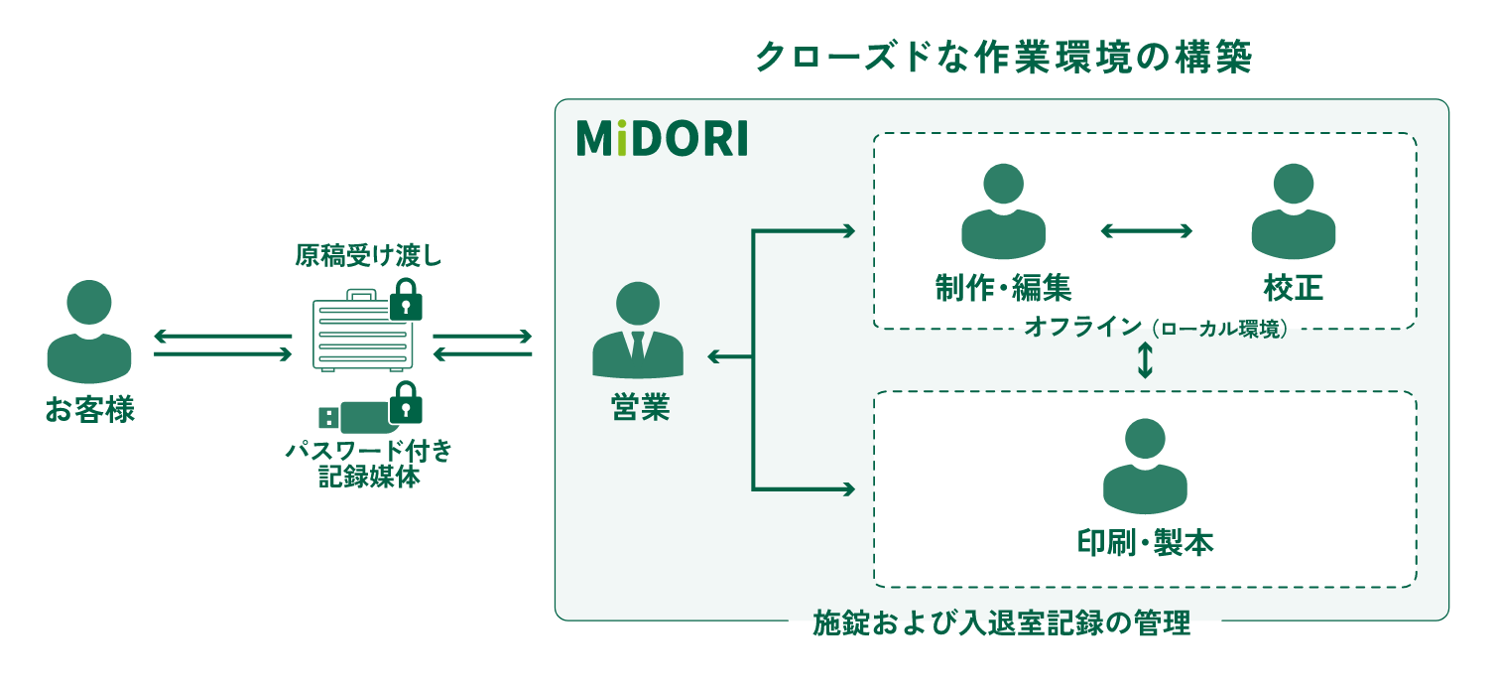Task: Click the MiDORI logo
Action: click(662, 140)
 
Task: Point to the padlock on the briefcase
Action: click(405, 300)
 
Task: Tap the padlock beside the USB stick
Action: click(405, 403)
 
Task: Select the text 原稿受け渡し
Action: click(367, 257)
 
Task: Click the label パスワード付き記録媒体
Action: click(368, 464)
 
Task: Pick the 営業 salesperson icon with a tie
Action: click(638, 332)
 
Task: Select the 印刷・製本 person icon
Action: click(1145, 467)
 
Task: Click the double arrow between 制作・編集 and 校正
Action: click(1147, 231)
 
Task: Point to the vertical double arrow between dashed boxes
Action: click(1145, 360)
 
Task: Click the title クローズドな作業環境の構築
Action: click(1002, 59)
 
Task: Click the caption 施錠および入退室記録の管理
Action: click(1002, 624)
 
